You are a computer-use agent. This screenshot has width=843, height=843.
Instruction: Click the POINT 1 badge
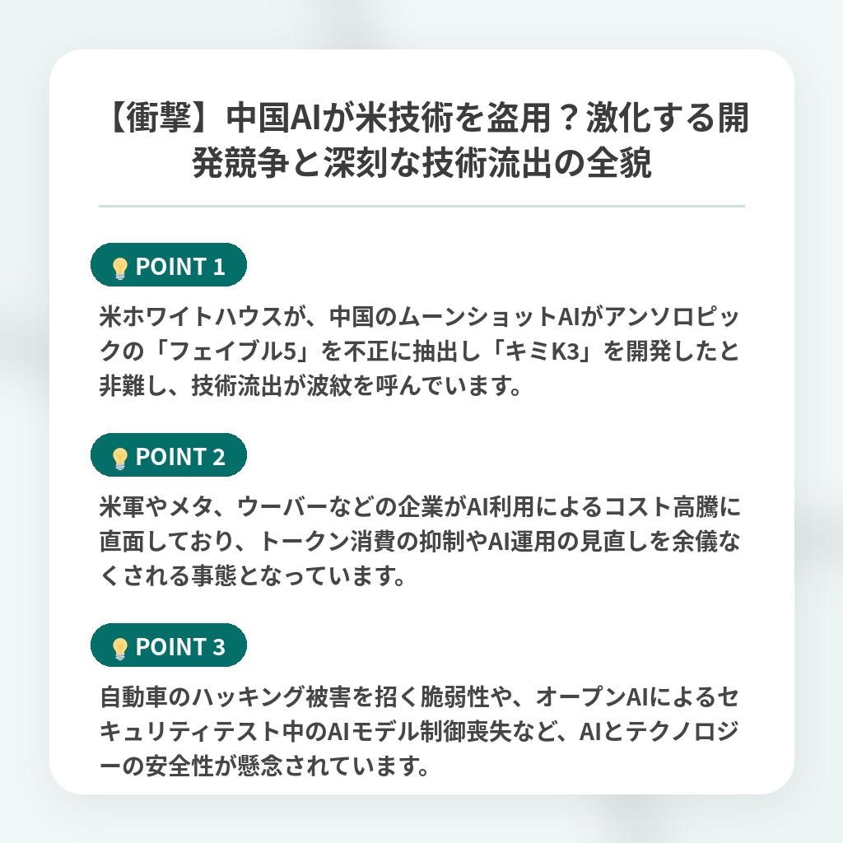(168, 265)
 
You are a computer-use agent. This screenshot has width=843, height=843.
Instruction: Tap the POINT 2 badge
(168, 455)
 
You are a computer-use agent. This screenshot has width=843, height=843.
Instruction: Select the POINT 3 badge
(168, 645)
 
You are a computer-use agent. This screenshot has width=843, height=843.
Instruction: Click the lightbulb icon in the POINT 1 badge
(119, 268)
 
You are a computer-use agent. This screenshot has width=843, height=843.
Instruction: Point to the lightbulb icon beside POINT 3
(119, 648)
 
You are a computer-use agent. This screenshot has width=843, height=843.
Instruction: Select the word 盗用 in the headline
(519, 117)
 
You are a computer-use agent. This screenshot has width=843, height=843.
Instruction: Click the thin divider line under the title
(421, 206)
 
